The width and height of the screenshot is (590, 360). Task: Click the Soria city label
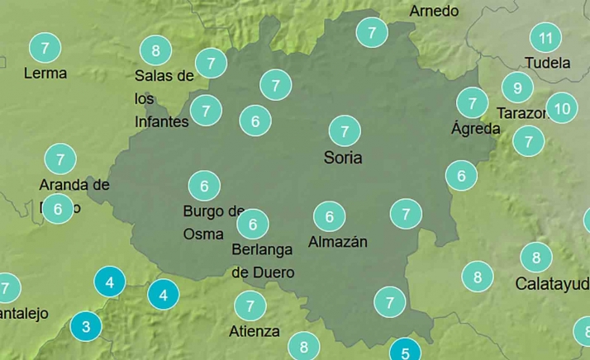344,158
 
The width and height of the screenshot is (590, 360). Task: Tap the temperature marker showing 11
545,38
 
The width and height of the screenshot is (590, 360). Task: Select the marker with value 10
562,108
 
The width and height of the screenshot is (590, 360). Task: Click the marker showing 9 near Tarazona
517,88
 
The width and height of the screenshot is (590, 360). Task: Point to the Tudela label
547,63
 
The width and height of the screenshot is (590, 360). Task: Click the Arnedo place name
434,11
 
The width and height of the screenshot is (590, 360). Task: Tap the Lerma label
45,73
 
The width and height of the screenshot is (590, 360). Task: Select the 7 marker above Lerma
45,47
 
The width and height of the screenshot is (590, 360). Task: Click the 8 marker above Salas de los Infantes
155,51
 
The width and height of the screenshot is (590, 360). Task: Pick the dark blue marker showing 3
85,326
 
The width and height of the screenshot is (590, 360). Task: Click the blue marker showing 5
405,353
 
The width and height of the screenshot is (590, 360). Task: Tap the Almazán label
337,242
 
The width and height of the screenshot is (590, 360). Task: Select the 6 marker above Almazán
330,216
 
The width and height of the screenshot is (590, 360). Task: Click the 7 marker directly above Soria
345,130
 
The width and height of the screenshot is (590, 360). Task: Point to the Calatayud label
552,283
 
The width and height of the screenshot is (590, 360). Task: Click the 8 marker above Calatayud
536,258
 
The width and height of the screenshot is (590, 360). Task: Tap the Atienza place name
254,332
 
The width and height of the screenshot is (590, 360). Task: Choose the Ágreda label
475,129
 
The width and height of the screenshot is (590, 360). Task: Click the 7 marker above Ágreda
473,103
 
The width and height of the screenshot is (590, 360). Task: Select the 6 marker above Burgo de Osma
204,186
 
